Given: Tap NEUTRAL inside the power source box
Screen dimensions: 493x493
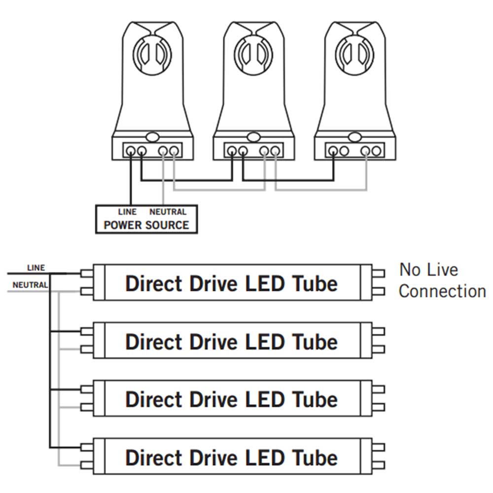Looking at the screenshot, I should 168,212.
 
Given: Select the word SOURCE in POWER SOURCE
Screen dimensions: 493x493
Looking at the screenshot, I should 166,225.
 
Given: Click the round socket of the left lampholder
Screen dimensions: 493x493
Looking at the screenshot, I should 152,53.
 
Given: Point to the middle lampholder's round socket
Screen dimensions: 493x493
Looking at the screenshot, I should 253,53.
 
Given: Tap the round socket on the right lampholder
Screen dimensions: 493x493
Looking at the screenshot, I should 354,53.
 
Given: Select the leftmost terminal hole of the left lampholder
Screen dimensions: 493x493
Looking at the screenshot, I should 131,151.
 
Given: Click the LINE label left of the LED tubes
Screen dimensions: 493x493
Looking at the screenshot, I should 35,268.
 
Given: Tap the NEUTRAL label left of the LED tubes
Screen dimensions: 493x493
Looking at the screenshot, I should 30,284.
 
